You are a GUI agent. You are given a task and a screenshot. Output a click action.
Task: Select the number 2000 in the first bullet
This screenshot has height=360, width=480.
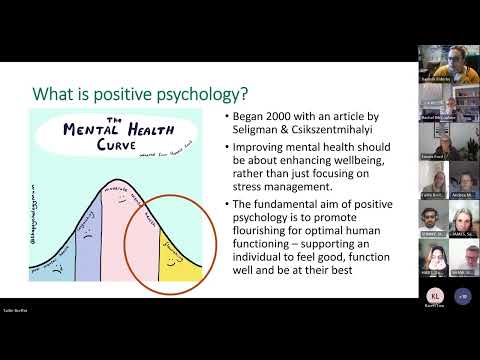point(280,118)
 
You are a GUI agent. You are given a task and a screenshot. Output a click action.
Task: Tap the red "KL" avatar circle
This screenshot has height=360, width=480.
point(435,324)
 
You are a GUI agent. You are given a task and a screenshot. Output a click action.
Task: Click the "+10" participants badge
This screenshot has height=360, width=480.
point(461,324)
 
